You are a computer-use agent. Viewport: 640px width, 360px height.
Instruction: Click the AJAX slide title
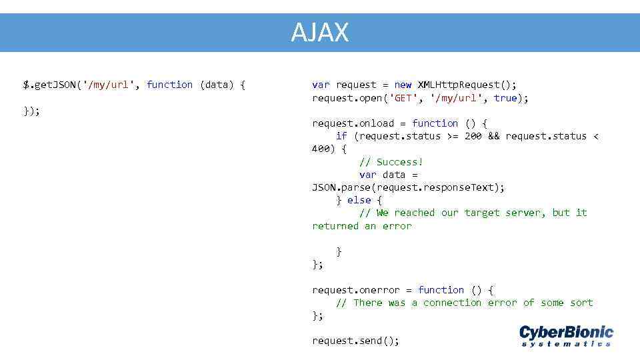pyautogui.click(x=319, y=32)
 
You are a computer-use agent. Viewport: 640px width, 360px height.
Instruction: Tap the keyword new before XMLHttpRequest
pyautogui.click(x=403, y=85)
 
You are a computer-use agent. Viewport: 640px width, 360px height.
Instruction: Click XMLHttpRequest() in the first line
pyautogui.click(x=467, y=85)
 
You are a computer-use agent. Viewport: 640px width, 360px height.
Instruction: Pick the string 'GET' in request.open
pyautogui.click(x=406, y=98)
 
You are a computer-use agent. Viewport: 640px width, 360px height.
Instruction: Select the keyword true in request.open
pyautogui.click(x=505, y=98)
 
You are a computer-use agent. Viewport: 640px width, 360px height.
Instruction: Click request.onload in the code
pyautogui.click(x=353, y=123)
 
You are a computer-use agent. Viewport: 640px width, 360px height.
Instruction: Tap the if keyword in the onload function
pyautogui.click(x=341, y=136)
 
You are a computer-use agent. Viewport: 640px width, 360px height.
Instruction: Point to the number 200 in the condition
pyautogui.click(x=473, y=136)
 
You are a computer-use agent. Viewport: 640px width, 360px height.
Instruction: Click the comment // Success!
pyautogui.click(x=391, y=162)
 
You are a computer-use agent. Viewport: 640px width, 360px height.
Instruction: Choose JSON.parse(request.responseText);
pyautogui.click(x=408, y=187)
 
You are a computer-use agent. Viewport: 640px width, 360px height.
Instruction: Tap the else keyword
pyautogui.click(x=359, y=200)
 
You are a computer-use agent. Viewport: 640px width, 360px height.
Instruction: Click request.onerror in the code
pyautogui.click(x=356, y=290)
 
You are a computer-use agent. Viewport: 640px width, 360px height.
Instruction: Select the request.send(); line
pyautogui.click(x=356, y=341)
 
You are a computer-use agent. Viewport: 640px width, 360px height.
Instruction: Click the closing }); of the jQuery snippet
pyautogui.click(x=31, y=111)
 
